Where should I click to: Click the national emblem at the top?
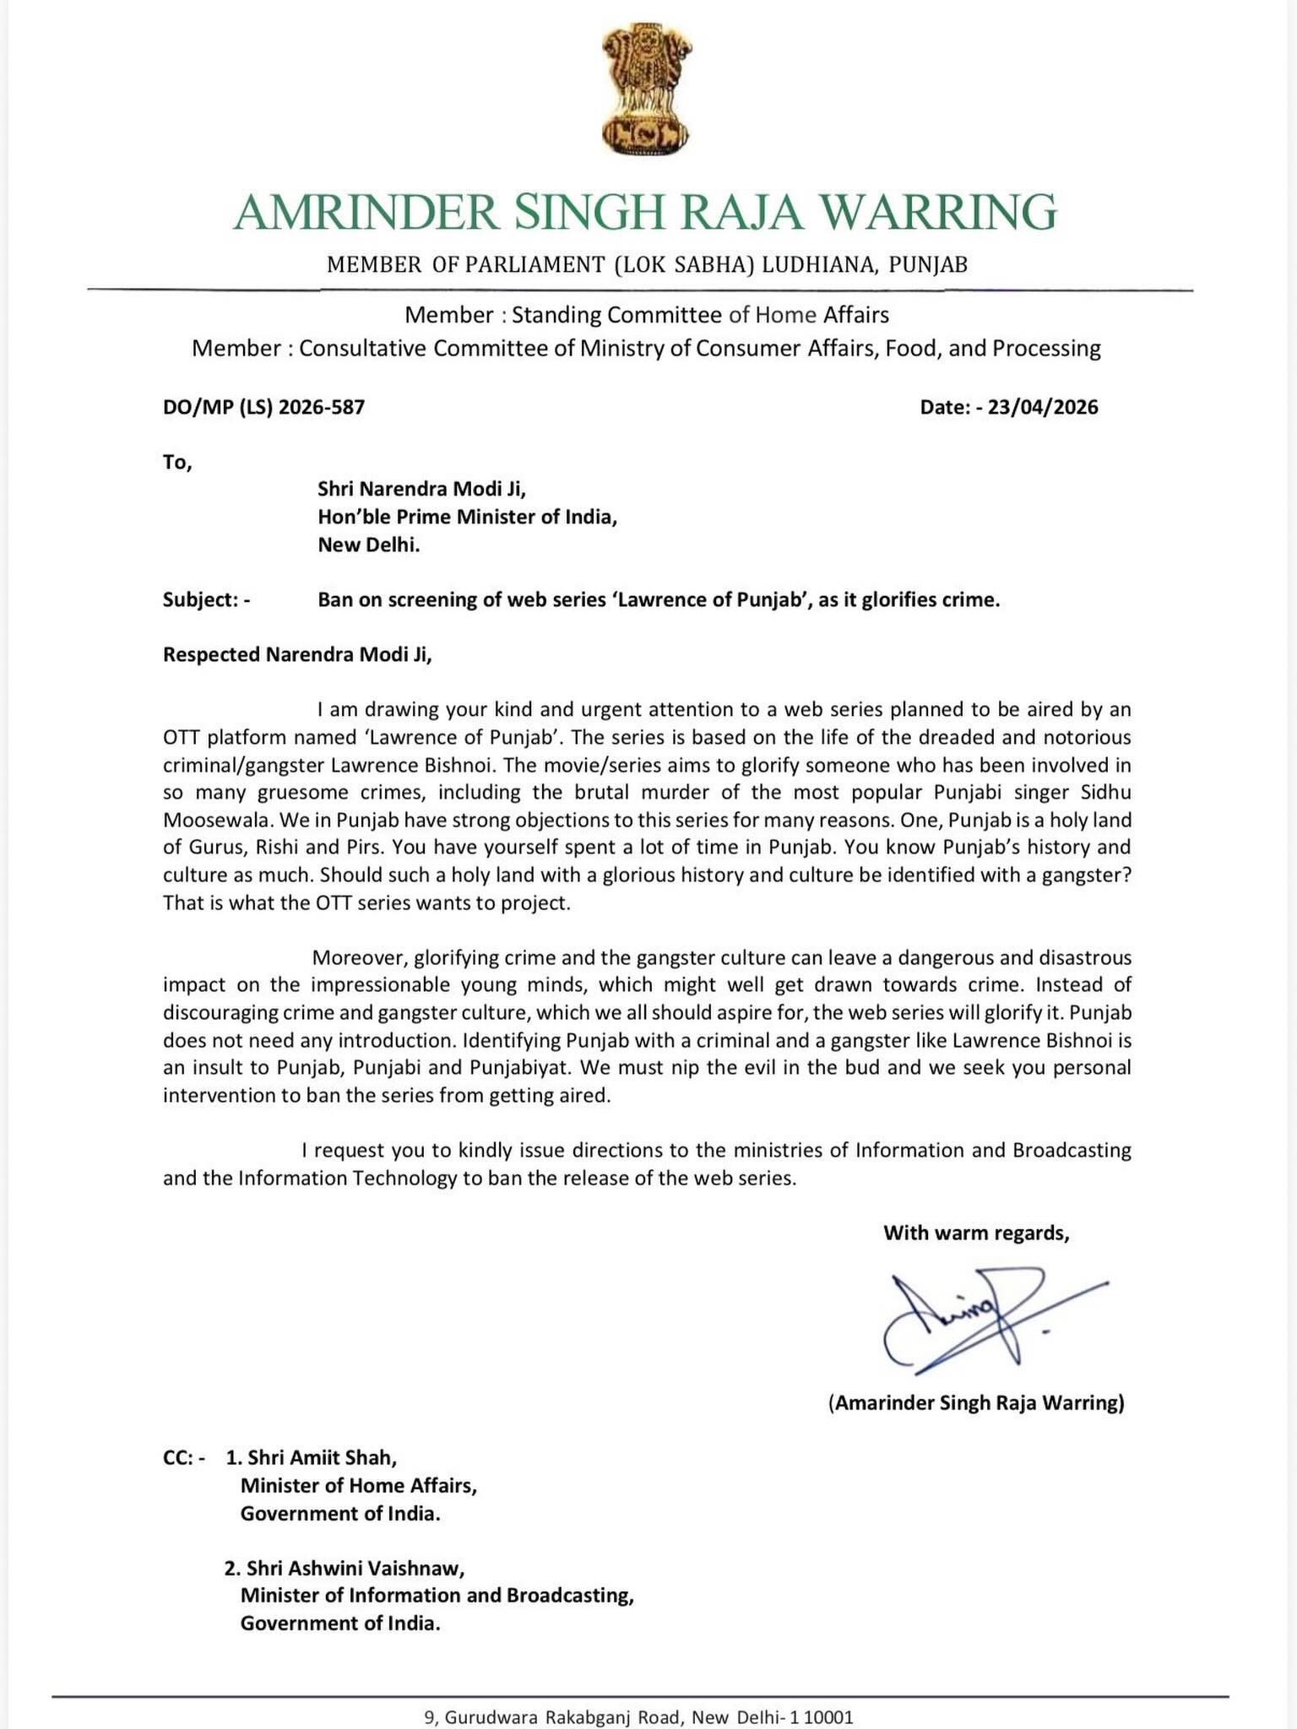click(647, 89)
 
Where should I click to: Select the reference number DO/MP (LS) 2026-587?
click(263, 408)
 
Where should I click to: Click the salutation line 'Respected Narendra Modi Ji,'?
click(297, 655)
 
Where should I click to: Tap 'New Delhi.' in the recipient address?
click(369, 545)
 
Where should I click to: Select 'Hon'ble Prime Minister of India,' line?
click(467, 517)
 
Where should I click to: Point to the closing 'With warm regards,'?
click(976, 1233)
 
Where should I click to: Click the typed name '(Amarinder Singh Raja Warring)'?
click(976, 1403)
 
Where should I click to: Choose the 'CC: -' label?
click(183, 1458)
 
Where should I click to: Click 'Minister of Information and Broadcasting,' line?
click(437, 1596)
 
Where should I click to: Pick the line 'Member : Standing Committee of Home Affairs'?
click(647, 316)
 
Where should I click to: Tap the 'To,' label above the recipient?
click(177, 463)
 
